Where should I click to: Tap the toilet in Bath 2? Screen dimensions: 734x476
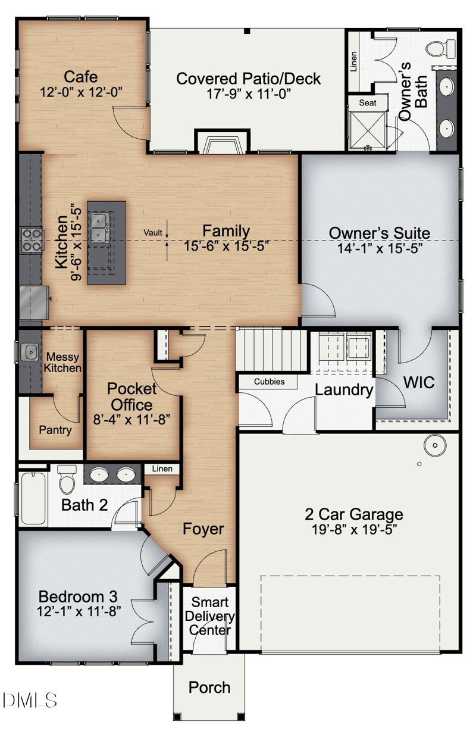pos(67,479)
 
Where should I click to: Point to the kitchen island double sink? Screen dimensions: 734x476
pos(99,228)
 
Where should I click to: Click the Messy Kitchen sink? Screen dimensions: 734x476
pos(29,352)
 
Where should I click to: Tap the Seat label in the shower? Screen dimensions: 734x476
pos(367,103)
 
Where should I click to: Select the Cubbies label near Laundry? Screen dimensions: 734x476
pos(269,382)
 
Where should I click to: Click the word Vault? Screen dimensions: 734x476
pos(152,232)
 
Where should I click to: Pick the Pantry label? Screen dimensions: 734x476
pos(55,430)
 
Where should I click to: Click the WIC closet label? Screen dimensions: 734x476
pos(419,382)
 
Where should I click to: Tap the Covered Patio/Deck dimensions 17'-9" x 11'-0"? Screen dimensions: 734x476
pos(248,93)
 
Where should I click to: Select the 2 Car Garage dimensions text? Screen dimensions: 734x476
pos(353,529)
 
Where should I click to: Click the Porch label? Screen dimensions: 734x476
pos(209,688)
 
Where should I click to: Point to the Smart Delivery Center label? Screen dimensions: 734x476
pos(211,616)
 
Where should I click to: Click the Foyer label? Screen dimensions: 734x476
pos(203,529)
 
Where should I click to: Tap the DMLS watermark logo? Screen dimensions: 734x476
pos(30,700)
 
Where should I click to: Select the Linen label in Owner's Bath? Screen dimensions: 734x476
pos(354,62)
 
